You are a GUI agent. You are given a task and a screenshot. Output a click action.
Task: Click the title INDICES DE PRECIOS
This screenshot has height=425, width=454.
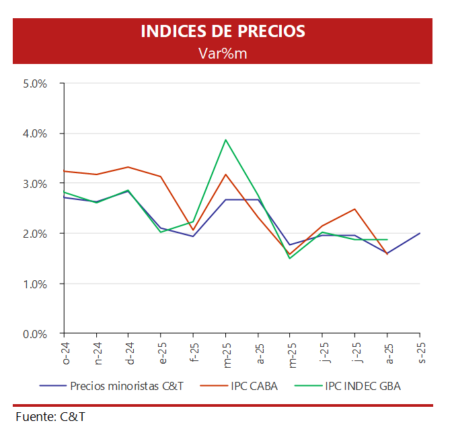223,32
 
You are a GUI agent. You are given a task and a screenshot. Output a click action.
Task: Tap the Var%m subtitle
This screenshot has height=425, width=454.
223,53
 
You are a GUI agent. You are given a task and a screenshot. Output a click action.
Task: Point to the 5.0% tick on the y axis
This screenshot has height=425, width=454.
34,84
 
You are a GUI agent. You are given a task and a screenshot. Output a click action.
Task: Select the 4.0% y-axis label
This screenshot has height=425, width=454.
34,133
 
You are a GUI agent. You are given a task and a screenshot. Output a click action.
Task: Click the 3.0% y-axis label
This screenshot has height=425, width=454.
34,184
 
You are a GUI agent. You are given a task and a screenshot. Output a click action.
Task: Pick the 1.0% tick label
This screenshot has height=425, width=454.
34,284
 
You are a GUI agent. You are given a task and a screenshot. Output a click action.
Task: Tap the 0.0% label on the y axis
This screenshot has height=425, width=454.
34,333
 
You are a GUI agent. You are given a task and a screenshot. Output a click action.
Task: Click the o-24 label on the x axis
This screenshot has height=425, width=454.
66,352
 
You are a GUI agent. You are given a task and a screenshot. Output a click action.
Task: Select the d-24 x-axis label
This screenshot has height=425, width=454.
130,352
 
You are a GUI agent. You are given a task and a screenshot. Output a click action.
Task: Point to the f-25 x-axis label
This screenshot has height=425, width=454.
194,352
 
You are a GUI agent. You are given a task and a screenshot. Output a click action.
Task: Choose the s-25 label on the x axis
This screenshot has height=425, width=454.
421,352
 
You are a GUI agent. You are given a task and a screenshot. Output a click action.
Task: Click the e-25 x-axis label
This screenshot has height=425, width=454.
162,352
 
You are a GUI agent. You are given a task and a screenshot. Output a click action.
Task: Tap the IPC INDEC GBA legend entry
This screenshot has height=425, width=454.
363,386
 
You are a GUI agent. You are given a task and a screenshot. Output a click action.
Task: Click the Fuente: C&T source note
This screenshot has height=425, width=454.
51,416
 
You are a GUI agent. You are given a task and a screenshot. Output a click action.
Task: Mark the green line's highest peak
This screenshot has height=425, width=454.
225,140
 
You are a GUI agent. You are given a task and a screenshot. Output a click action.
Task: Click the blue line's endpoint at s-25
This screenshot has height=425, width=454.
420,234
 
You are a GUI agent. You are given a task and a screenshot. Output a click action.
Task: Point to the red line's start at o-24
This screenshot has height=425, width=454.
64,171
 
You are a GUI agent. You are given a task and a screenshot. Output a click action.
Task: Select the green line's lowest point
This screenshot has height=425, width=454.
290,258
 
